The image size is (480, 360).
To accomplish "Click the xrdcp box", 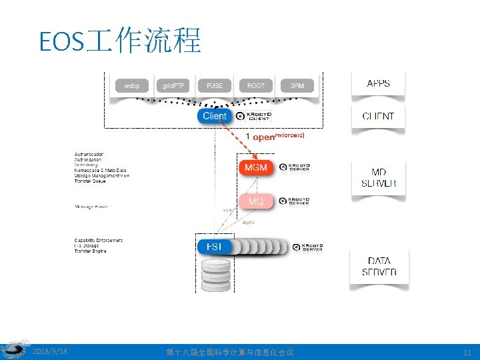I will [x=132, y=86].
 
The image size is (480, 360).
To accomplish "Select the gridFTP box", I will [x=175, y=86].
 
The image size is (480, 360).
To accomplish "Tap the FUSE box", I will [x=215, y=86].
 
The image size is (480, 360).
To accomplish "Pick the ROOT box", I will [x=256, y=86].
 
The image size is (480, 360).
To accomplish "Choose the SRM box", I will [x=297, y=86].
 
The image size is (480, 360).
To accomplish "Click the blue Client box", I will [x=215, y=116].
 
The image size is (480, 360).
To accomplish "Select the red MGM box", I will [x=255, y=167].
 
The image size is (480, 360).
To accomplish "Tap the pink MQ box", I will [x=255, y=201].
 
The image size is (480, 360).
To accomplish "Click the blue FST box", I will [x=215, y=247].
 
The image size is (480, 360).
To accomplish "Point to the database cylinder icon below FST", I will [x=215, y=275].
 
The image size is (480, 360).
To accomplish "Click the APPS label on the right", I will [x=378, y=83].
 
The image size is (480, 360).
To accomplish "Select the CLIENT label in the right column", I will [x=378, y=116].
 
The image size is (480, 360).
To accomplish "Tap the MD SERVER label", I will [x=378, y=177].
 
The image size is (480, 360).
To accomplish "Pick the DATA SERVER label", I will [x=379, y=267].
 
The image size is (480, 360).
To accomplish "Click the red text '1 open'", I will [x=260, y=137].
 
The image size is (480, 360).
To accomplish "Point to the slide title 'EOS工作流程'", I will [x=120, y=41].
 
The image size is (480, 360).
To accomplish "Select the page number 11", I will [x=466, y=351].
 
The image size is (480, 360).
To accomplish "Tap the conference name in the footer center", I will [x=230, y=351].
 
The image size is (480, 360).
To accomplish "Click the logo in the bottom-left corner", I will [x=13, y=351].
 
